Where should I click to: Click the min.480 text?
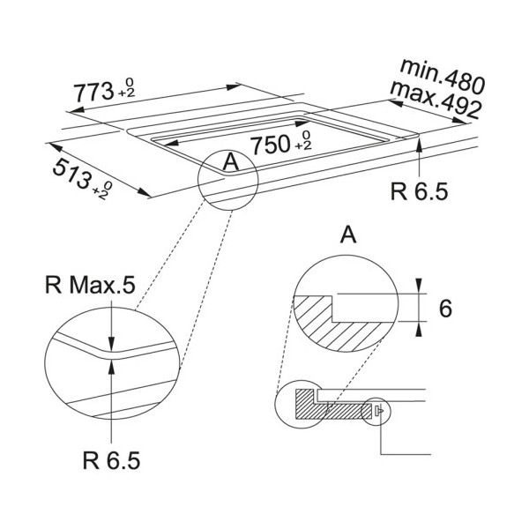[443, 76]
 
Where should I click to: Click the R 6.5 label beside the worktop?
[419, 191]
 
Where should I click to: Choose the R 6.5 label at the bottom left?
[111, 460]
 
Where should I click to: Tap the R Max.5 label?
[90, 285]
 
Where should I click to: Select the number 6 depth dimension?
[445, 308]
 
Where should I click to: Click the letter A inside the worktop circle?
[231, 161]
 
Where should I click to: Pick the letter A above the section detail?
[348, 235]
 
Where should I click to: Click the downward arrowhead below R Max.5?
[111, 345]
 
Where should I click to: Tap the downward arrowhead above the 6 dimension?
[419, 286]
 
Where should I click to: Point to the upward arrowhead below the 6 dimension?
[419, 329]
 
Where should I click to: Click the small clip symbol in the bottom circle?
[379, 411]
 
